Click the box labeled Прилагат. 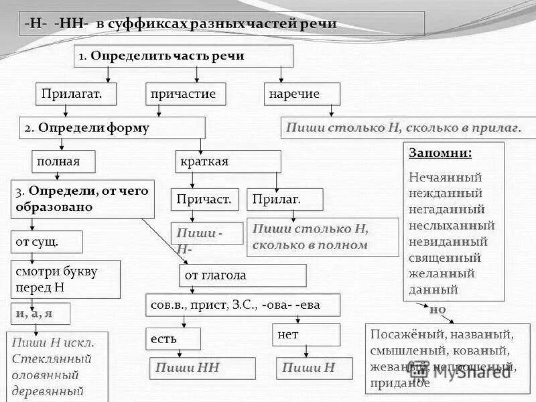coord(76,94)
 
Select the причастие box coord(185,94)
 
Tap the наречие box coord(302,94)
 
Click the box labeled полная coord(63,161)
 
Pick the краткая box coord(228,161)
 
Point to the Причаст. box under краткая coord(205,199)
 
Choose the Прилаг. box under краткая coord(285,199)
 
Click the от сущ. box coord(46,242)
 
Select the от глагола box coord(243,275)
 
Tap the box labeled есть coord(173,339)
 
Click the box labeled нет coord(306,335)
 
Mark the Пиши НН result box coord(202,368)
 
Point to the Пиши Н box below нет coord(314,368)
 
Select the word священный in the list coord(445,258)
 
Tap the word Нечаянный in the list coord(445,177)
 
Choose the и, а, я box coord(40,314)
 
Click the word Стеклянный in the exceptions coord(52,359)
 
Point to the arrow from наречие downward coord(331,111)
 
